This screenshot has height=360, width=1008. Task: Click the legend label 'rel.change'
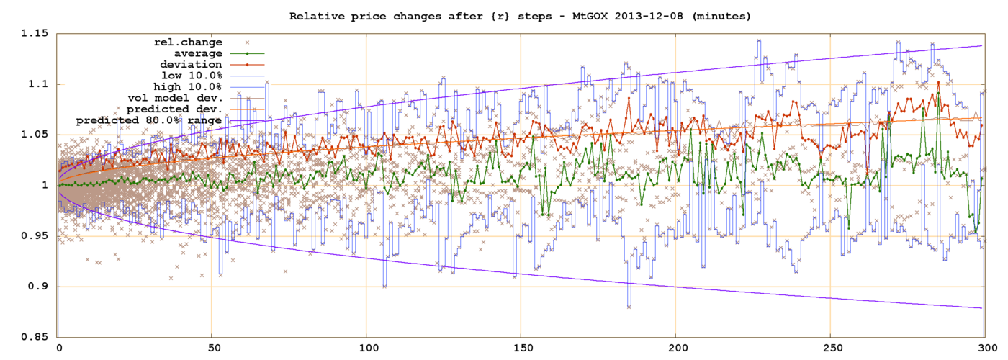(x=189, y=42)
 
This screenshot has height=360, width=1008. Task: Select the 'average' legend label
(x=199, y=53)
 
